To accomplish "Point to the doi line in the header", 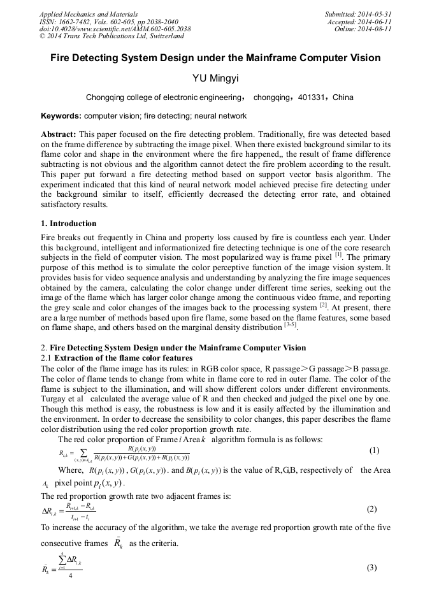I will coord(115,29).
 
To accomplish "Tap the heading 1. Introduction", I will coord(69,224).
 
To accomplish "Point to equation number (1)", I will coord(374,450).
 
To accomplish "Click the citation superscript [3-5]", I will coord(290,326).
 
